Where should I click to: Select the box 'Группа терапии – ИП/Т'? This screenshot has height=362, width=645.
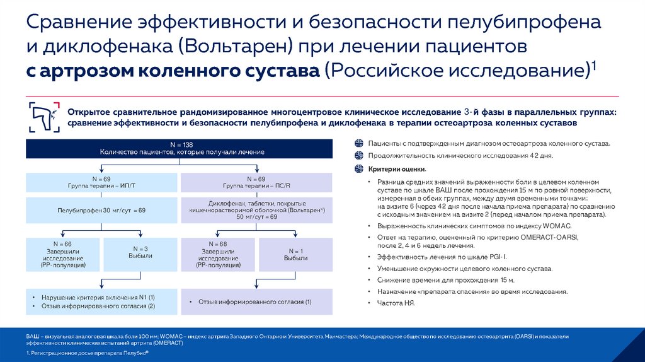[101, 182]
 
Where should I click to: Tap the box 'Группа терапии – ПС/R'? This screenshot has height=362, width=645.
[256, 182]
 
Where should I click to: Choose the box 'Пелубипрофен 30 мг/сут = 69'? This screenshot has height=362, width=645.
[101, 209]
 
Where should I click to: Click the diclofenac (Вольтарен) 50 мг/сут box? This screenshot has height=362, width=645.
[256, 209]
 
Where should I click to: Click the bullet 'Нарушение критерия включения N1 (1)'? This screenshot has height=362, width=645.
[98, 297]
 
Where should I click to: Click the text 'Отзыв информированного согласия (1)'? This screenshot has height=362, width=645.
[254, 302]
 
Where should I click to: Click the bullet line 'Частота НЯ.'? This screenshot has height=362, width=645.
[389, 303]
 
